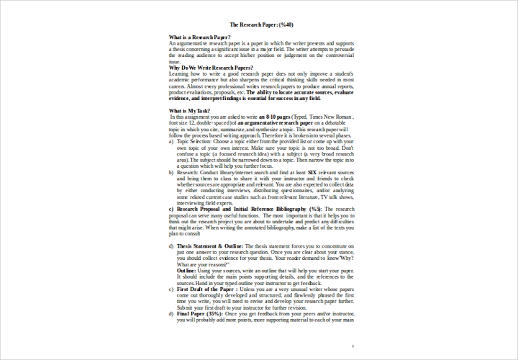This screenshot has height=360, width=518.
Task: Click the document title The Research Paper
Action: click(250, 24)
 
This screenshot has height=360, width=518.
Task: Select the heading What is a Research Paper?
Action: click(199, 37)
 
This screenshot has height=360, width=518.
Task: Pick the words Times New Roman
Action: click(332, 117)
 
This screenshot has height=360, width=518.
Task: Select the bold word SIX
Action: click(312, 174)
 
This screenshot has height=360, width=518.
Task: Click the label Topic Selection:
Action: click(197, 143)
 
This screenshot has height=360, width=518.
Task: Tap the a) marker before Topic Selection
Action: click(171, 143)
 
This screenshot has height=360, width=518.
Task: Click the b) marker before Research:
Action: click(171, 174)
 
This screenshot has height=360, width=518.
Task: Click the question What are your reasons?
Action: click(199, 265)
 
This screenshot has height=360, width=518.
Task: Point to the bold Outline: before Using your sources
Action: click(186, 270)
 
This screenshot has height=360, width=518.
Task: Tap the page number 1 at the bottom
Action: click(353, 347)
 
